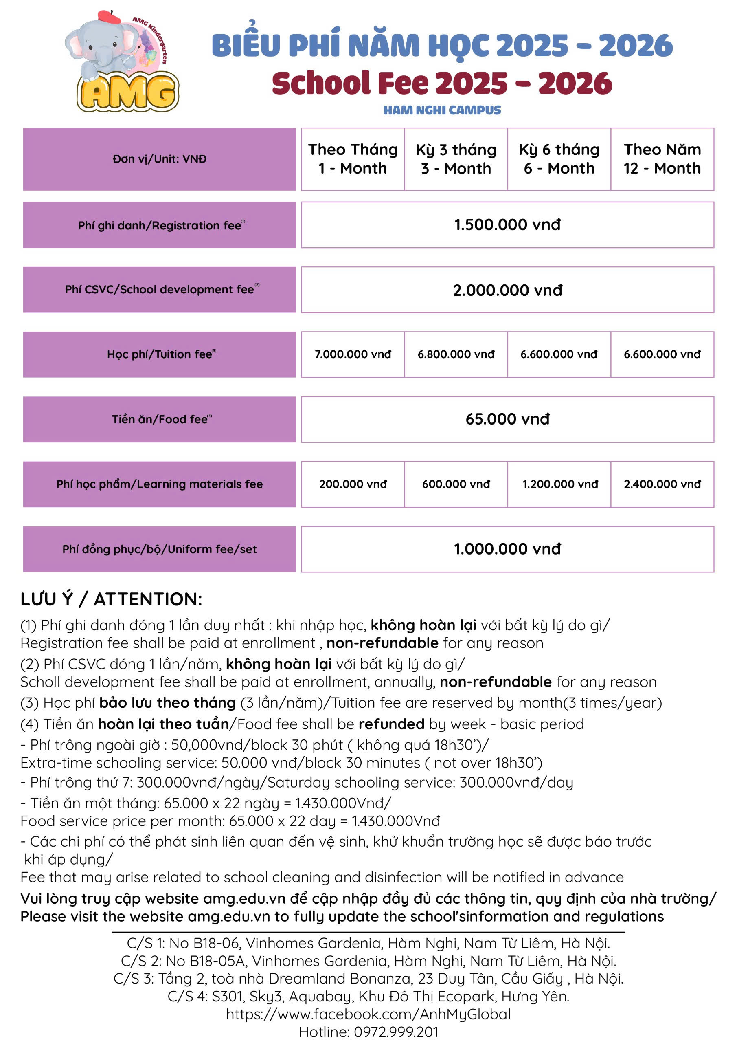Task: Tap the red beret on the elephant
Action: click(110, 17)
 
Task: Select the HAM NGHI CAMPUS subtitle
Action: click(442, 110)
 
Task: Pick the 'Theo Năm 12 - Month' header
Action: click(662, 159)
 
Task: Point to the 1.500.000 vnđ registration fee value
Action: click(507, 225)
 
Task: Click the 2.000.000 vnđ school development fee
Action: click(507, 290)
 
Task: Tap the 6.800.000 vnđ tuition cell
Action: click(456, 354)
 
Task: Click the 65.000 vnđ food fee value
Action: click(507, 419)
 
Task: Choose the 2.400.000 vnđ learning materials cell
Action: click(662, 484)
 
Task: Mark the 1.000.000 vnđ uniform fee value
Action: click(507, 549)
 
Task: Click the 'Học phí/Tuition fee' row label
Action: click(159, 354)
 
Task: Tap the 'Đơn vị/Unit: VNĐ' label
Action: click(159, 159)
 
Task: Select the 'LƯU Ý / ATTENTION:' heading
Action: click(111, 599)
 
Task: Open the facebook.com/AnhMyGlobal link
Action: click(368, 1014)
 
